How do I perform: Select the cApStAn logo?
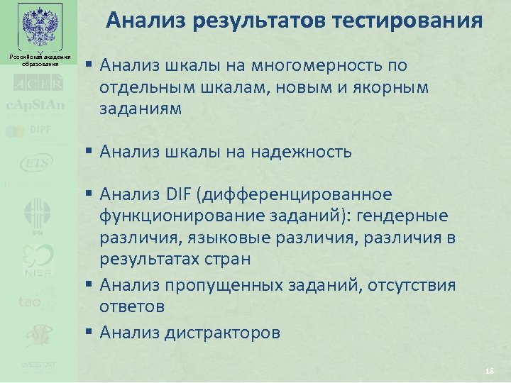36,106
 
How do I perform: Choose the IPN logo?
37,217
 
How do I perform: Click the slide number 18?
488,372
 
